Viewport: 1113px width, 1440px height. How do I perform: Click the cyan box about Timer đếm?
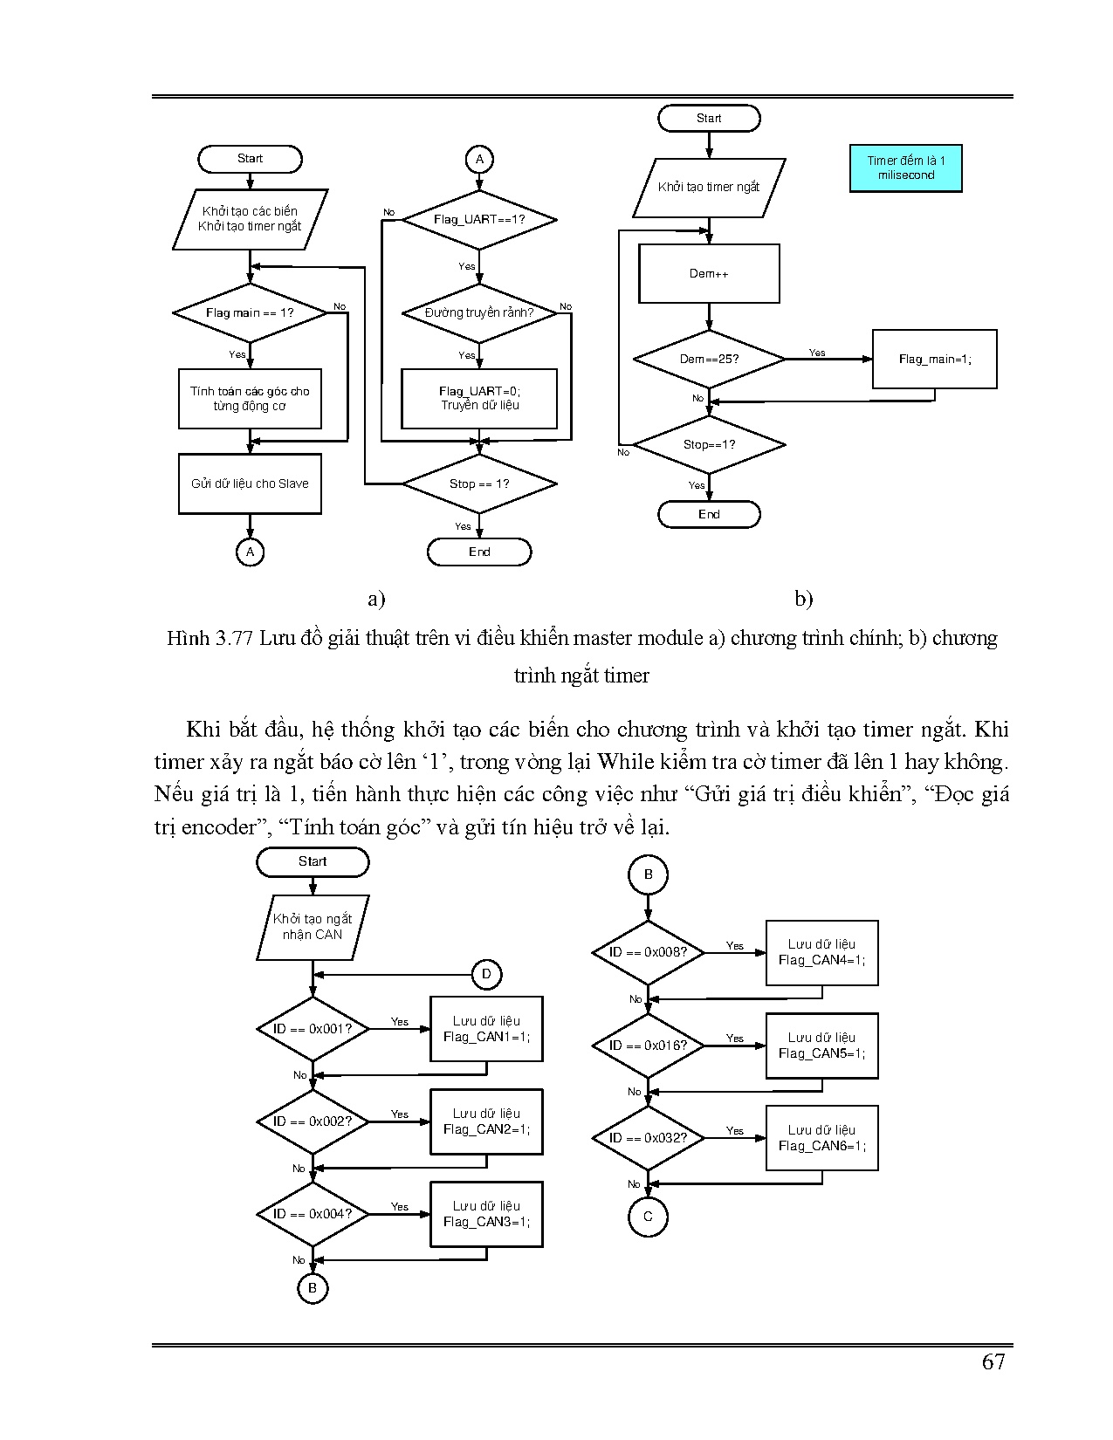coord(905,168)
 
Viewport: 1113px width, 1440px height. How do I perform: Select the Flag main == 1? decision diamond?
coord(250,312)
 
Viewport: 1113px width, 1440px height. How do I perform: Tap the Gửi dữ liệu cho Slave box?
coord(250,483)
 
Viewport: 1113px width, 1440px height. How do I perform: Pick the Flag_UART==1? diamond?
coord(479,219)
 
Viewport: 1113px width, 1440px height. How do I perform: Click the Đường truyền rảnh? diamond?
coord(479,312)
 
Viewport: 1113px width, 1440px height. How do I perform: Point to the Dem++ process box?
coord(709,273)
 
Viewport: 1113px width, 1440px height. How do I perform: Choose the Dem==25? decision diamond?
coord(709,359)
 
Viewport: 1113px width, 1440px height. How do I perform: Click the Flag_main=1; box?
coord(934,359)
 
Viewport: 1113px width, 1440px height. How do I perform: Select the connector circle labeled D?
coord(486,974)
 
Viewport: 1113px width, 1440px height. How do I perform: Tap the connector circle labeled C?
coord(648,1217)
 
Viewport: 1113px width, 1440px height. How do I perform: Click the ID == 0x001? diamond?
coord(313,1029)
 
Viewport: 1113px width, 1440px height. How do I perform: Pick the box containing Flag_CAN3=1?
coord(486,1214)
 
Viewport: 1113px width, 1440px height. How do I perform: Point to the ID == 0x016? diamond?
coord(648,1046)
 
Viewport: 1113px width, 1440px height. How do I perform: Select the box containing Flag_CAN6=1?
coord(821,1138)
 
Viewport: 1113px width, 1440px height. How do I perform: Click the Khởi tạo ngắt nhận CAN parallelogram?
coord(313,927)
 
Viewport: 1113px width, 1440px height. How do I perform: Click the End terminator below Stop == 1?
coord(479,552)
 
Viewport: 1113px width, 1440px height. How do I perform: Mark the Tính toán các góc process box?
coord(250,399)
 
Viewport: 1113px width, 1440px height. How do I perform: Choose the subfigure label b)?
coord(803,599)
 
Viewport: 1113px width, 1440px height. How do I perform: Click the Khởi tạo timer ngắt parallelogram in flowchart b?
coord(709,187)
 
